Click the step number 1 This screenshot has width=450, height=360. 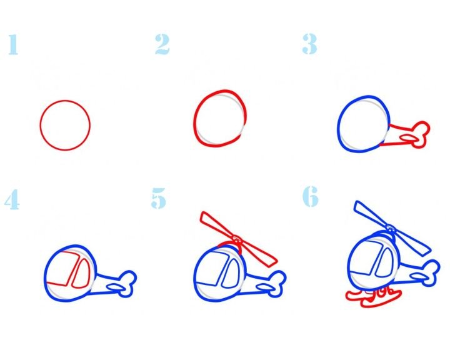coord(13,44)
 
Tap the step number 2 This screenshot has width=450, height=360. coord(162,44)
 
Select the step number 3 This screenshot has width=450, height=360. coord(309,44)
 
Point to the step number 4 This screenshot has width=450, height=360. coord(12,199)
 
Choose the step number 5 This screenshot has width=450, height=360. coord(158,198)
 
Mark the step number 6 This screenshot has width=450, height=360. coord(311,196)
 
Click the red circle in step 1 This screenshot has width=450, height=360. coord(41,125)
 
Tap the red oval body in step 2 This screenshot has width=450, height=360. coord(194,121)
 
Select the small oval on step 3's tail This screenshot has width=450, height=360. coord(409,139)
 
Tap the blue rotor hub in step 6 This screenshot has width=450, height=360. coord(390,228)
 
